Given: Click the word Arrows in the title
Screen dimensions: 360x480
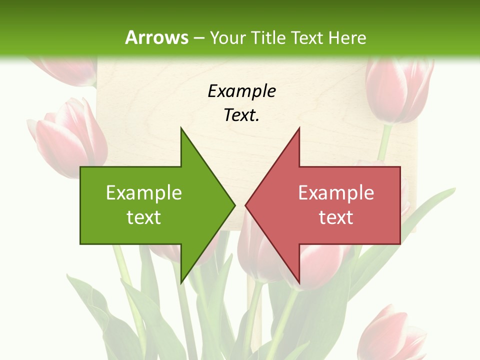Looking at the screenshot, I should point(156,37).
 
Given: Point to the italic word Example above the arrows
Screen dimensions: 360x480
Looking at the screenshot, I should point(241,91).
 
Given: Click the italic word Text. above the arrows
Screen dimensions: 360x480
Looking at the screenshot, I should point(241,115).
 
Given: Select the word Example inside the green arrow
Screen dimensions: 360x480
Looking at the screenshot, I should point(143,192).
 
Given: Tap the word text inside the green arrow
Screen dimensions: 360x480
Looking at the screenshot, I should point(143,217).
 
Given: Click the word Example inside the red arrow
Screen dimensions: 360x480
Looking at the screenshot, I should point(336,192).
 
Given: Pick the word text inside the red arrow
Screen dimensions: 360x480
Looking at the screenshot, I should point(336,217).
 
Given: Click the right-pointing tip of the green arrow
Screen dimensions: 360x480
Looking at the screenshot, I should point(235,205).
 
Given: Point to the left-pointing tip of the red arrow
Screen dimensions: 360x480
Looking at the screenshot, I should point(245,205).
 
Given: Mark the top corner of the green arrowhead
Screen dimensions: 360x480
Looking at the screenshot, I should point(181,128).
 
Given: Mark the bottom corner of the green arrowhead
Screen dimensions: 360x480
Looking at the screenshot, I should point(181,282).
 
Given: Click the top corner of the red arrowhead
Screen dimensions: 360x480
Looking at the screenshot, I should point(299,128).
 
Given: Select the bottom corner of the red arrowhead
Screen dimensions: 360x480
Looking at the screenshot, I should point(299,282).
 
